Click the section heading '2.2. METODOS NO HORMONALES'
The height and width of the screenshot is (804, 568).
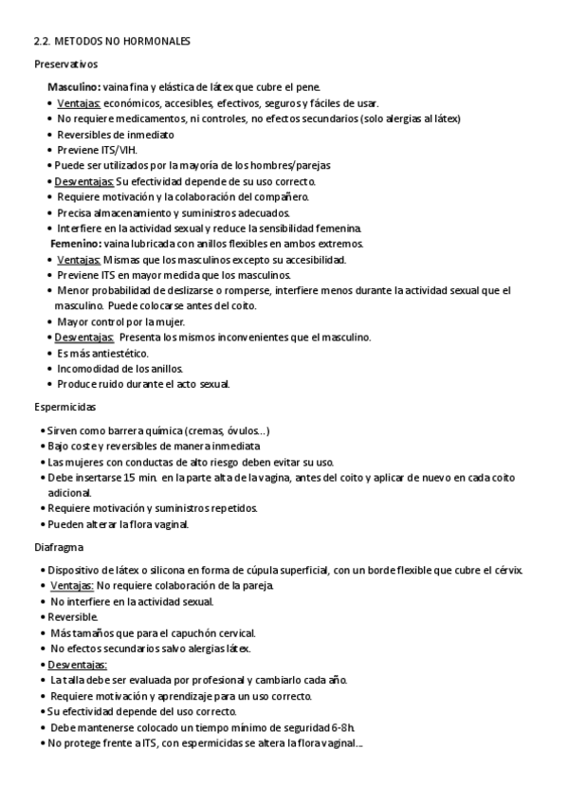112,42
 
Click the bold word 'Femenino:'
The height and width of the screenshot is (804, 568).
76,244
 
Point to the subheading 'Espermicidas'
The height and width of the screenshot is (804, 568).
64,407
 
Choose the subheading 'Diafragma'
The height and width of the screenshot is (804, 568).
60,547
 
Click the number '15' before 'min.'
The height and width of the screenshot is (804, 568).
132,477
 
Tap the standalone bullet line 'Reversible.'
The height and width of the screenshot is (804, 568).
75,616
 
